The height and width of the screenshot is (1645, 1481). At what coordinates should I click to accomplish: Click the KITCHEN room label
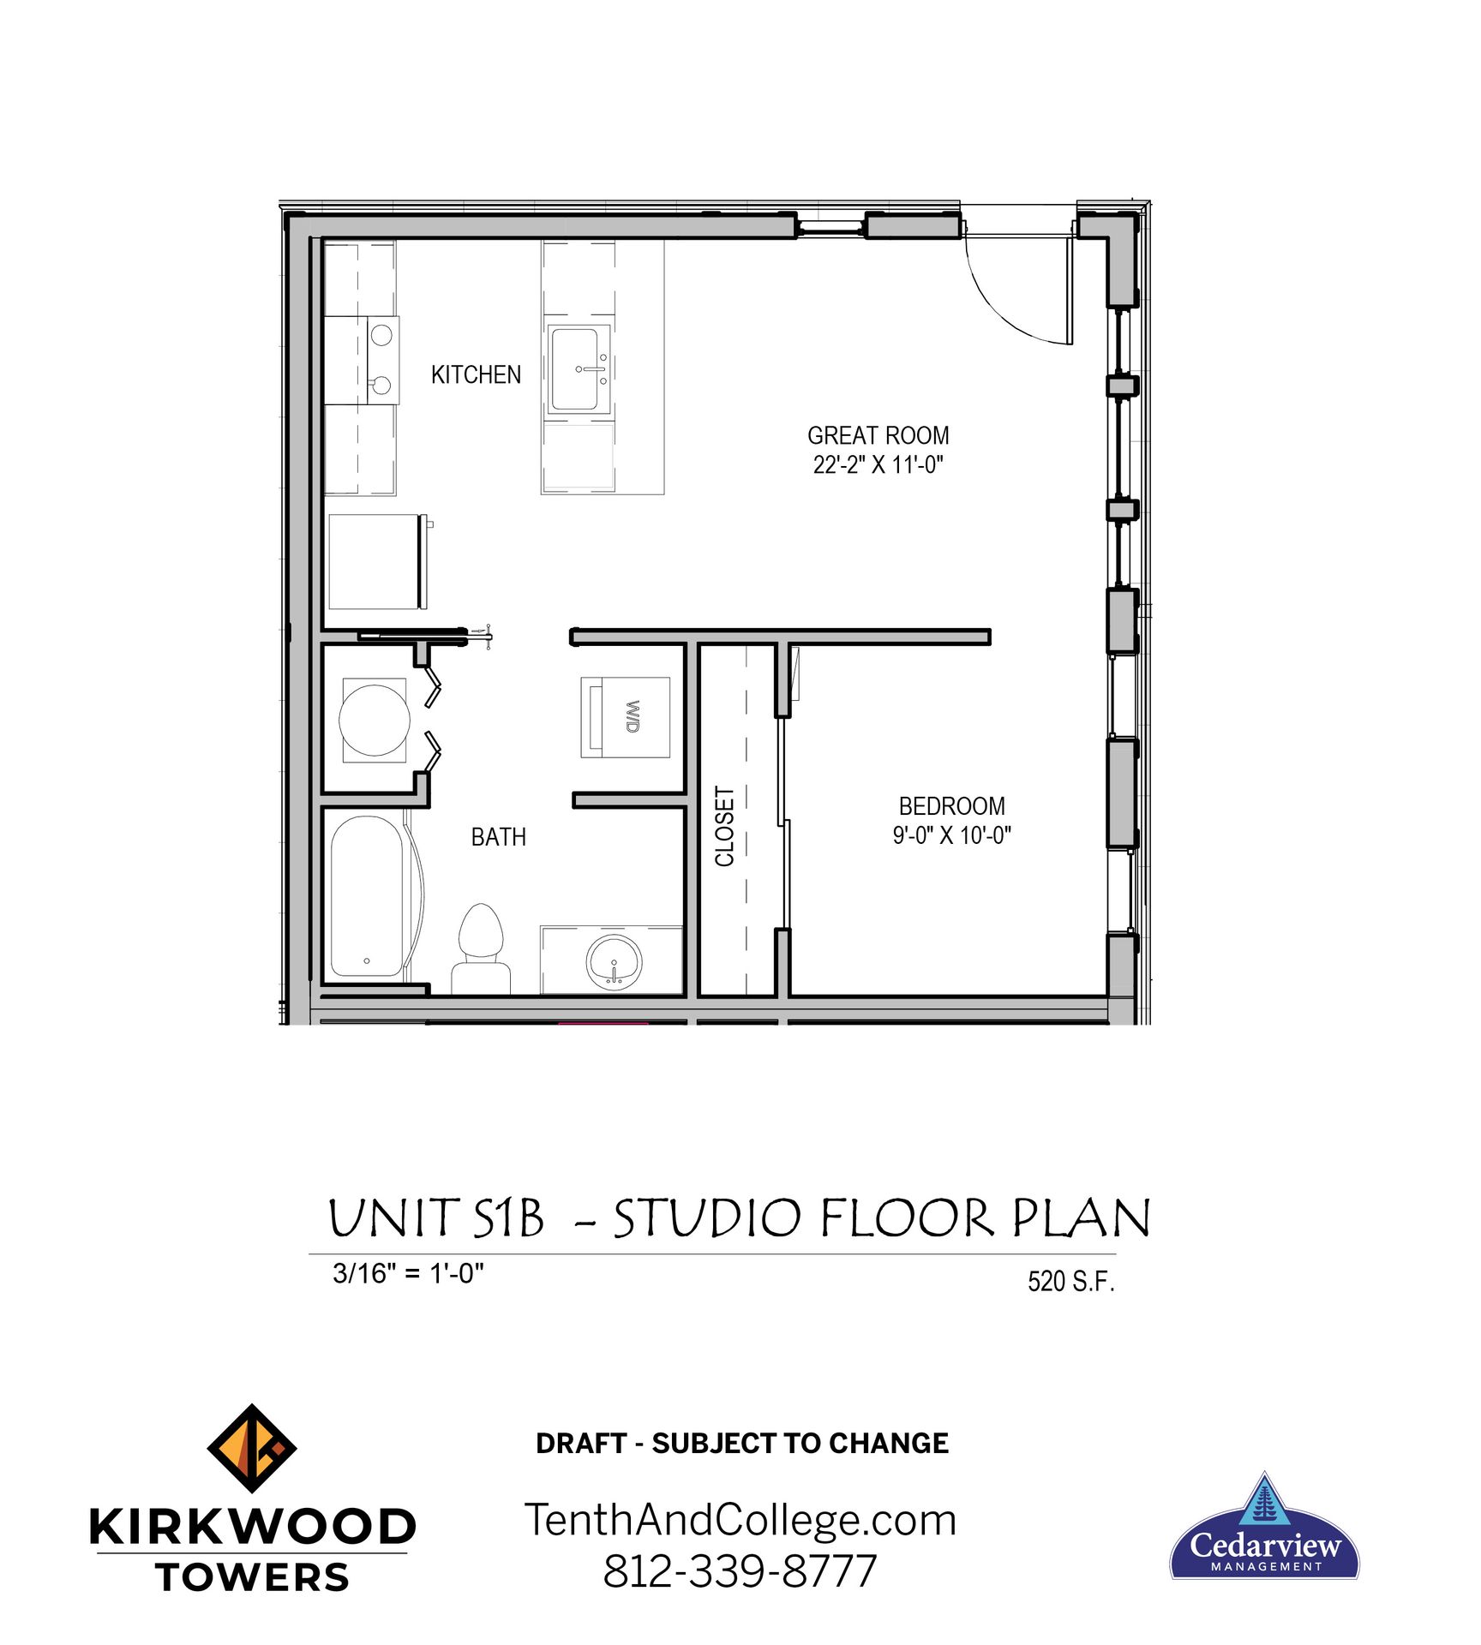(476, 374)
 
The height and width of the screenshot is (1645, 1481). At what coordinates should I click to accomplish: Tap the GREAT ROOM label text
(878, 435)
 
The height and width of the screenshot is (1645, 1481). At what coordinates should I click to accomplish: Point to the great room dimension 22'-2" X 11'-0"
(878, 464)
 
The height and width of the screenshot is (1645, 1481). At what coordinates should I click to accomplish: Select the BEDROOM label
(951, 805)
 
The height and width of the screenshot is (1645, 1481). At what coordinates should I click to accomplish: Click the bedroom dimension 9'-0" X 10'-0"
(951, 834)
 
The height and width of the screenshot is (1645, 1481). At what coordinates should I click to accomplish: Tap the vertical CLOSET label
(725, 826)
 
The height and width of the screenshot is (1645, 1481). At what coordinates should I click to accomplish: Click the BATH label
(498, 836)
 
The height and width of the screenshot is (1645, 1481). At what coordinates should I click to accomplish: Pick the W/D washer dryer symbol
(626, 716)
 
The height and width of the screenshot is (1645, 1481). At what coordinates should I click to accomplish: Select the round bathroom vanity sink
(614, 961)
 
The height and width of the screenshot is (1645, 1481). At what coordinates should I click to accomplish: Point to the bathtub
(367, 895)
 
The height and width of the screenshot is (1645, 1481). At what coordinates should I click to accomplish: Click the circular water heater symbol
(375, 720)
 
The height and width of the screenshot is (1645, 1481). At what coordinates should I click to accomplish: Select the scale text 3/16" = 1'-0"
(408, 1273)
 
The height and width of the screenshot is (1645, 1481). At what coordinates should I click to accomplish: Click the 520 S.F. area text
(1070, 1281)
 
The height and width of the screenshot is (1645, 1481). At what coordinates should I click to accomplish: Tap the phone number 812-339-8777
(740, 1570)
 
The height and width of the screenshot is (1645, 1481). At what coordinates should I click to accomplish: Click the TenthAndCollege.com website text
(740, 1521)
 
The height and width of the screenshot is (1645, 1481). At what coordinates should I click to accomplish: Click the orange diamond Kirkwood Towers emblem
(252, 1449)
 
